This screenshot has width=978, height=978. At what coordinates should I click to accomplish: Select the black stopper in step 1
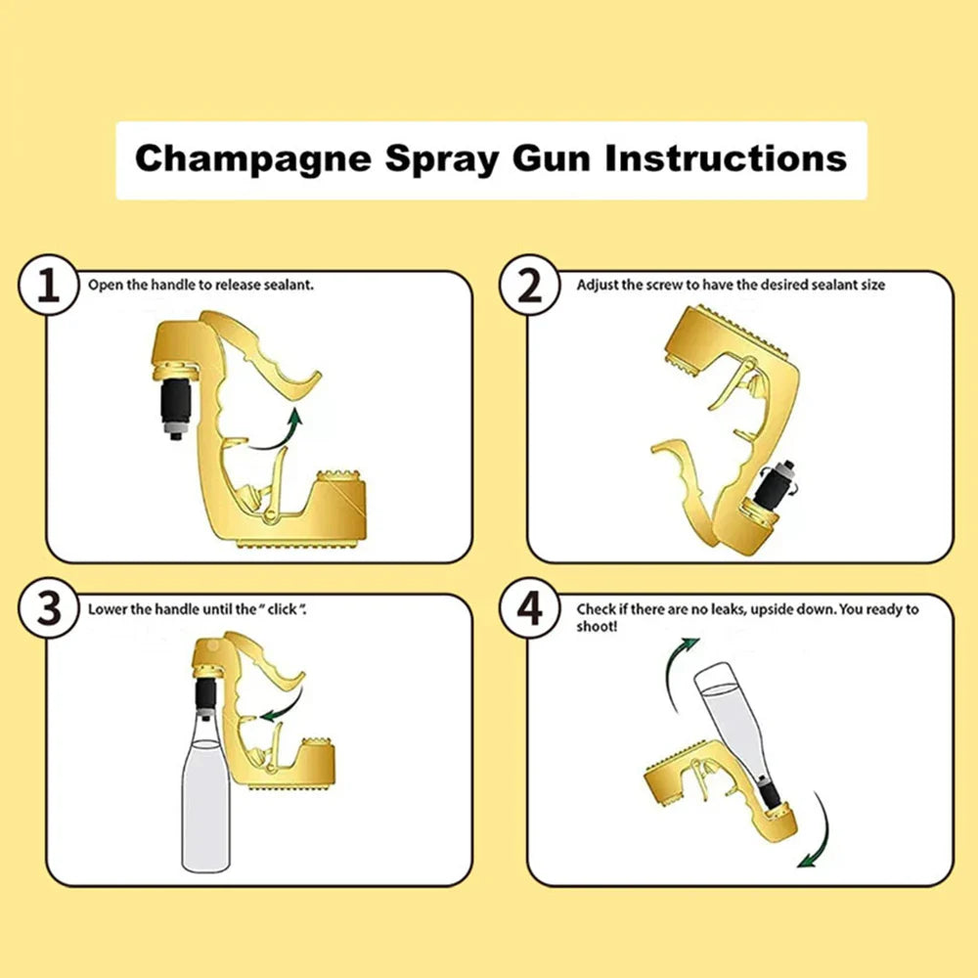pyautogui.click(x=176, y=406)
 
